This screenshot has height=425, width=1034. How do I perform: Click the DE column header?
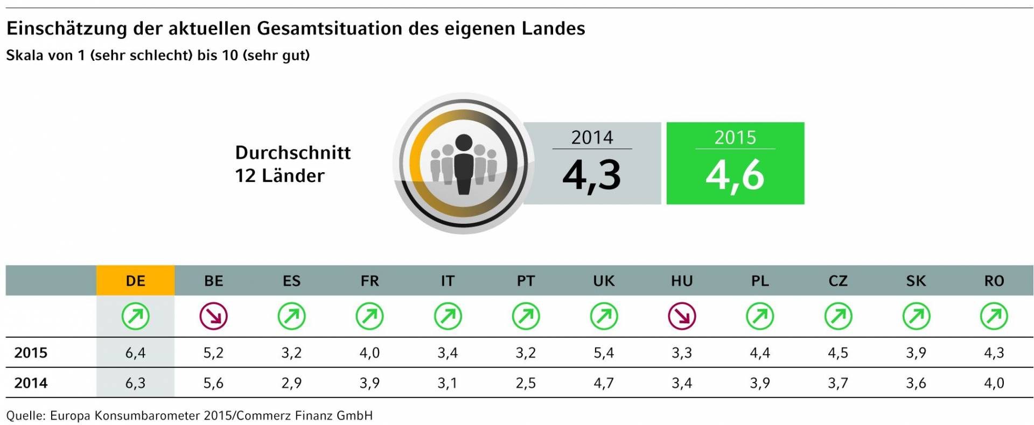pos(135,281)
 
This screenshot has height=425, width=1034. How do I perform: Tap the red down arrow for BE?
pos(214,316)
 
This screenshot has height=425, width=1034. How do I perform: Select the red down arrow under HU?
pos(682,316)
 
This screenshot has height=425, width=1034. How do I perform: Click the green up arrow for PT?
pos(526,316)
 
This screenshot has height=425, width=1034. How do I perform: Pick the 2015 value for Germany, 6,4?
pos(135,353)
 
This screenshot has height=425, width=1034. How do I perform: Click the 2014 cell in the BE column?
pos(214,383)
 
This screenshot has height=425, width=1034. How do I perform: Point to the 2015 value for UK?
pos(604,353)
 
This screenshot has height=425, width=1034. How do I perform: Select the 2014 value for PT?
pos(526,383)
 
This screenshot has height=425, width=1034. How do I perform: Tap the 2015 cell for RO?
pos(994,353)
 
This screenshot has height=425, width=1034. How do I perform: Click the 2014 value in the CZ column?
pos(838,383)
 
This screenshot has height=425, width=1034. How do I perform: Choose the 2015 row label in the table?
pos(31,353)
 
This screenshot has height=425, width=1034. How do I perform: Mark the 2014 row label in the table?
pos(31,383)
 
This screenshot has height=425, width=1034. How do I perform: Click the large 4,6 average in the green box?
pos(735,175)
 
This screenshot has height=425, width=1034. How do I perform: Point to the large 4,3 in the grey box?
pos(592,175)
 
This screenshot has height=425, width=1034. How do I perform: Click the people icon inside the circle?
pos(463,164)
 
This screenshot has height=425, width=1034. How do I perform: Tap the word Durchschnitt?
pos(293,153)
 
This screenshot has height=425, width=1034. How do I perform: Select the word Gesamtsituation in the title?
pos(330,28)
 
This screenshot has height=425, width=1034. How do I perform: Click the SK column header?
pos(916,281)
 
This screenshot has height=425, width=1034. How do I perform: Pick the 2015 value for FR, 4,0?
pos(369,353)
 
